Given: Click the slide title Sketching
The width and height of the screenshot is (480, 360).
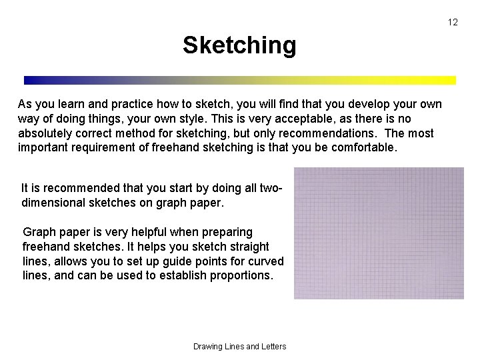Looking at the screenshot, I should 239,45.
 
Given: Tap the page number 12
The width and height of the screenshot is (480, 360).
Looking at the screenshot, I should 453,22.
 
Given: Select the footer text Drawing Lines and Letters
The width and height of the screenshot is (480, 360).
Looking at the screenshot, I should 239,346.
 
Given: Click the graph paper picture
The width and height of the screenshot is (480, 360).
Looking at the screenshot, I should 379,233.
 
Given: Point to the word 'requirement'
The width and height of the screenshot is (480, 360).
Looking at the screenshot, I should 101,148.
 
